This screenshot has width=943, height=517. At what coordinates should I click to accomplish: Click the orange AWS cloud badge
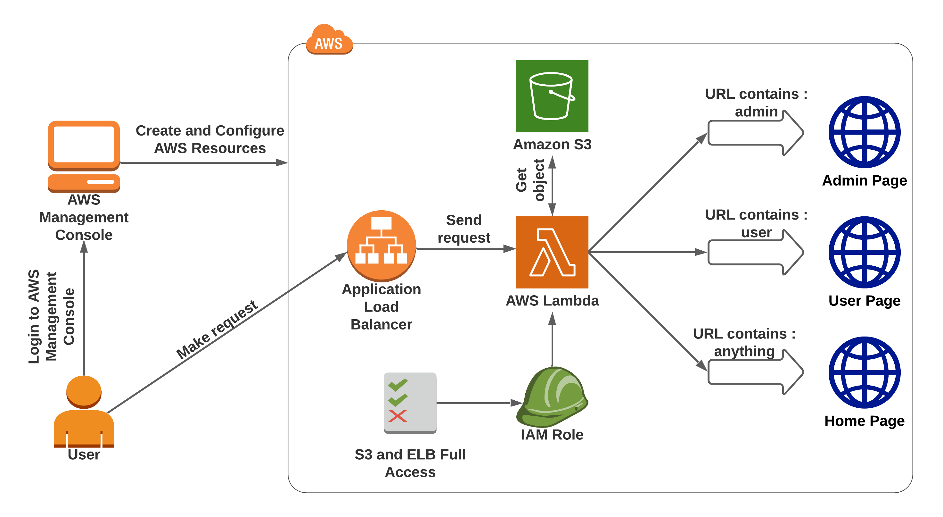[x=329, y=40]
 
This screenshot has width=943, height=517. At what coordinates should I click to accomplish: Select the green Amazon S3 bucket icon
[x=552, y=96]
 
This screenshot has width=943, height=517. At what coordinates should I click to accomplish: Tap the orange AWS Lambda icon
[x=552, y=252]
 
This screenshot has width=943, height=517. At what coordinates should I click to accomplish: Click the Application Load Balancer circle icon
[x=381, y=245]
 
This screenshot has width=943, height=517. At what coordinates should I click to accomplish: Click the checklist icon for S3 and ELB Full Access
[x=410, y=403]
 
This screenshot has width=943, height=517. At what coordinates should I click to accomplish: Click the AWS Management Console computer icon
[x=84, y=156]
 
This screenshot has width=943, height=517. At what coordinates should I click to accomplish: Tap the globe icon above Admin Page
[x=864, y=132]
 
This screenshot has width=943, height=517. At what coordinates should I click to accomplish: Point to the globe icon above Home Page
[x=864, y=372]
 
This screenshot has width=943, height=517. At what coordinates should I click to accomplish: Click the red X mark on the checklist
[x=398, y=416]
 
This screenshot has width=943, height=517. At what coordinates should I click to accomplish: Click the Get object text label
[x=530, y=180]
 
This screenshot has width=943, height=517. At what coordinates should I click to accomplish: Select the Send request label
[x=463, y=229]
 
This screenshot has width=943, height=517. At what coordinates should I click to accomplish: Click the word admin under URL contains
[x=756, y=112]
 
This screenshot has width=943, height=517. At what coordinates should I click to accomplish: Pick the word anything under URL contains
[x=744, y=351]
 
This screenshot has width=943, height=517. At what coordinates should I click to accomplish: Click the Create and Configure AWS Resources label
[x=210, y=139]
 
